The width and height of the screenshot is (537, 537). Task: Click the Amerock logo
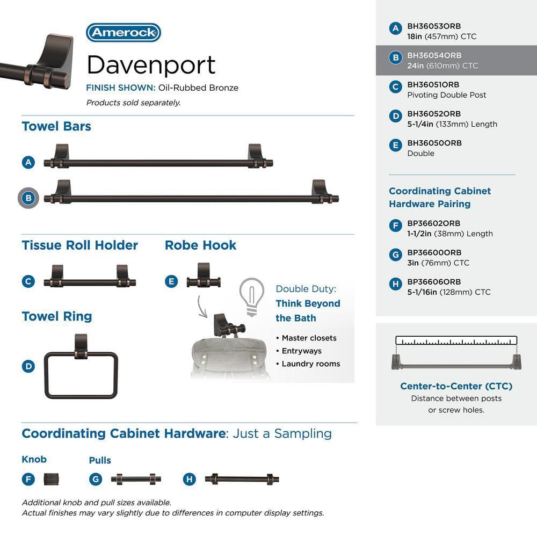(x=124, y=33)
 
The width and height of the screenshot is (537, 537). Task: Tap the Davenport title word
(x=151, y=65)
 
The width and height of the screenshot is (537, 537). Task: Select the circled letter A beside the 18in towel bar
(x=28, y=162)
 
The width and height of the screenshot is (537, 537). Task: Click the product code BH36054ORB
(x=434, y=55)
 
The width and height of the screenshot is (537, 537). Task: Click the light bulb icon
(x=252, y=296)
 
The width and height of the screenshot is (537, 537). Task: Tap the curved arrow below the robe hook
(x=202, y=307)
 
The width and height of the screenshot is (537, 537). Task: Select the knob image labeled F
(x=51, y=479)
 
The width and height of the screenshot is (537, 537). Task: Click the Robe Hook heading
(x=200, y=245)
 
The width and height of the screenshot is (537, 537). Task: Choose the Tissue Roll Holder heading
(x=80, y=245)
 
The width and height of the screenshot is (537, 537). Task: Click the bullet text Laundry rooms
(x=310, y=364)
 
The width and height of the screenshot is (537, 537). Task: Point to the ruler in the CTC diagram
(x=456, y=340)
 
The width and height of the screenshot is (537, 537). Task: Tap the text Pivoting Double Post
(x=447, y=95)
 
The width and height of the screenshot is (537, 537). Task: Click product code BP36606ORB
(x=434, y=281)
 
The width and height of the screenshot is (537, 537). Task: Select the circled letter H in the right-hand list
(x=396, y=284)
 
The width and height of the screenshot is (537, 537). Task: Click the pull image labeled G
(x=136, y=479)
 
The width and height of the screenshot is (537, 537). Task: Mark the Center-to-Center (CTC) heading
(x=456, y=386)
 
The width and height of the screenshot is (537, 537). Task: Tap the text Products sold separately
(x=133, y=103)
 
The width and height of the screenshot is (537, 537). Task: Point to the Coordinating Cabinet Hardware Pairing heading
(x=440, y=197)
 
